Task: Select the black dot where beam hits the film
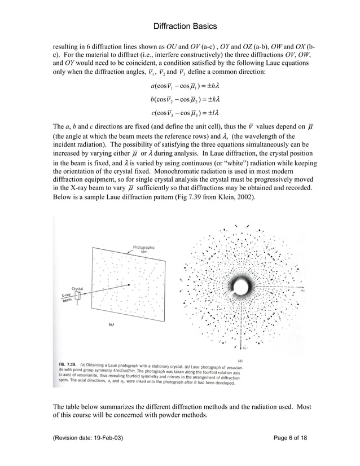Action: pos(129,285)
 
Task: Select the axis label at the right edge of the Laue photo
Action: pos(302,292)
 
